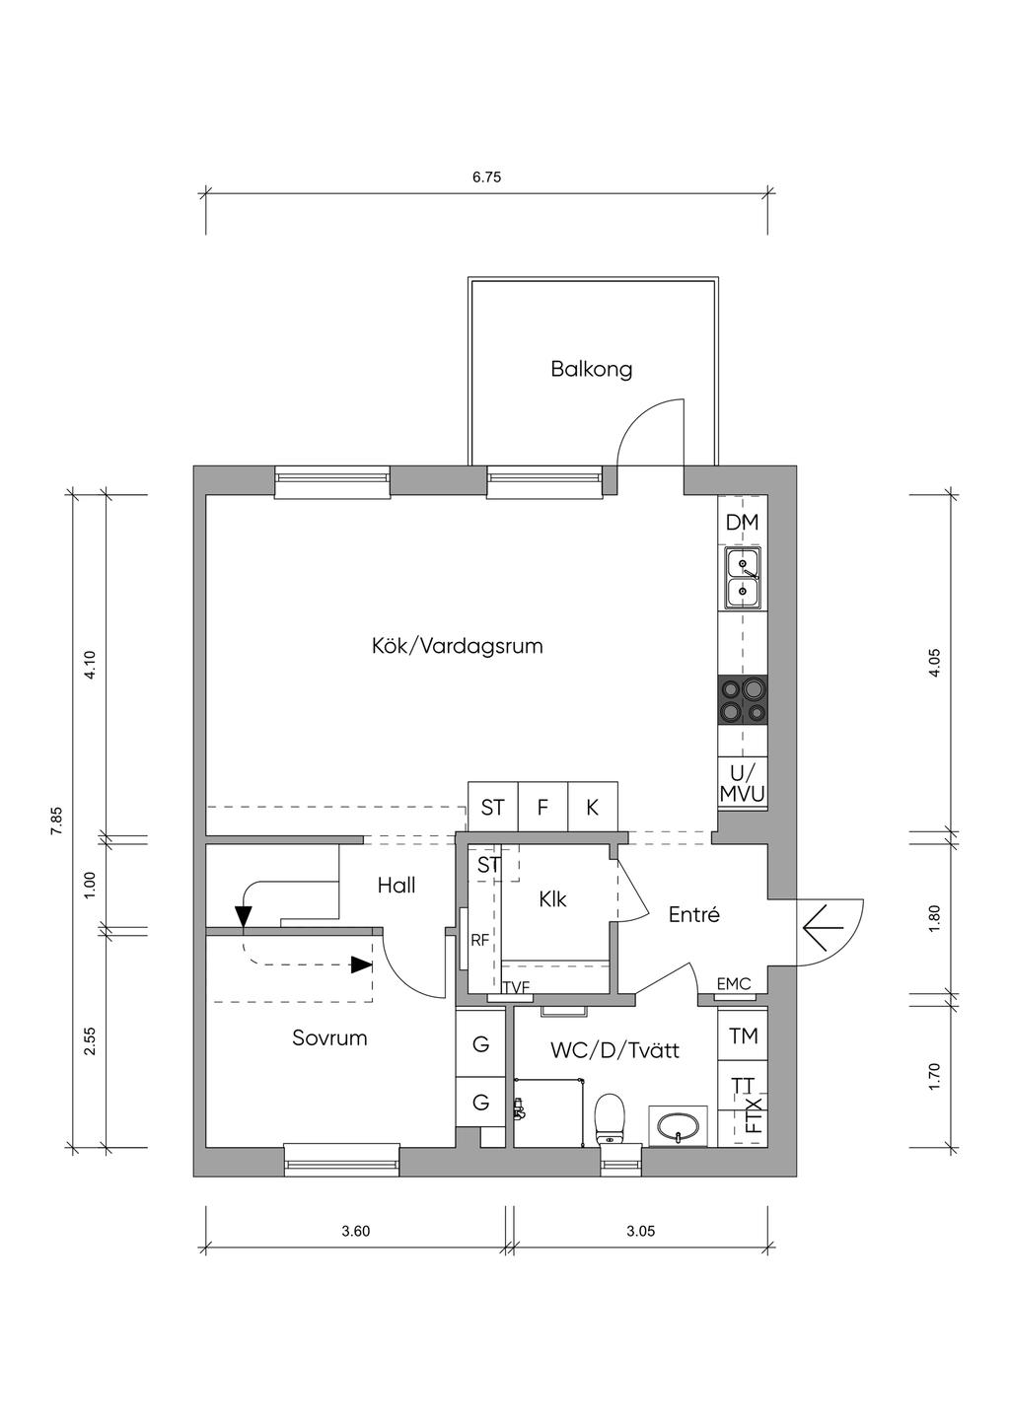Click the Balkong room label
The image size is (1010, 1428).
[x=591, y=370]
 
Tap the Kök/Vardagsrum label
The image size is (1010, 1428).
[x=458, y=646]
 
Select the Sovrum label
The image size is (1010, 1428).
[x=329, y=1037]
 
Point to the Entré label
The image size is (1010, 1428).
[x=693, y=915]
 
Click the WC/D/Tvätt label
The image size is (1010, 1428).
[x=615, y=1050]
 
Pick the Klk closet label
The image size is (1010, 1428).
[x=552, y=899]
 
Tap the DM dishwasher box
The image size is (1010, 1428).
[x=743, y=522]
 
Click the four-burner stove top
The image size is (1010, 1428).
[x=743, y=700]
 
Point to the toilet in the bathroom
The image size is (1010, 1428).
[x=611, y=1120]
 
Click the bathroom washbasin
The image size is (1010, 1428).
[x=678, y=1126]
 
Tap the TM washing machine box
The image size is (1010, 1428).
[x=743, y=1035]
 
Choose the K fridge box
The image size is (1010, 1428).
[x=593, y=807]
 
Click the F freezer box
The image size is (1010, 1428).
[x=542, y=807]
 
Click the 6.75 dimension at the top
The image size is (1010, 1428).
[x=486, y=178]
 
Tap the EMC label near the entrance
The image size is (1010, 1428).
[x=733, y=983]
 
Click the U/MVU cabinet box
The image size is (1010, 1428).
[x=743, y=783]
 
